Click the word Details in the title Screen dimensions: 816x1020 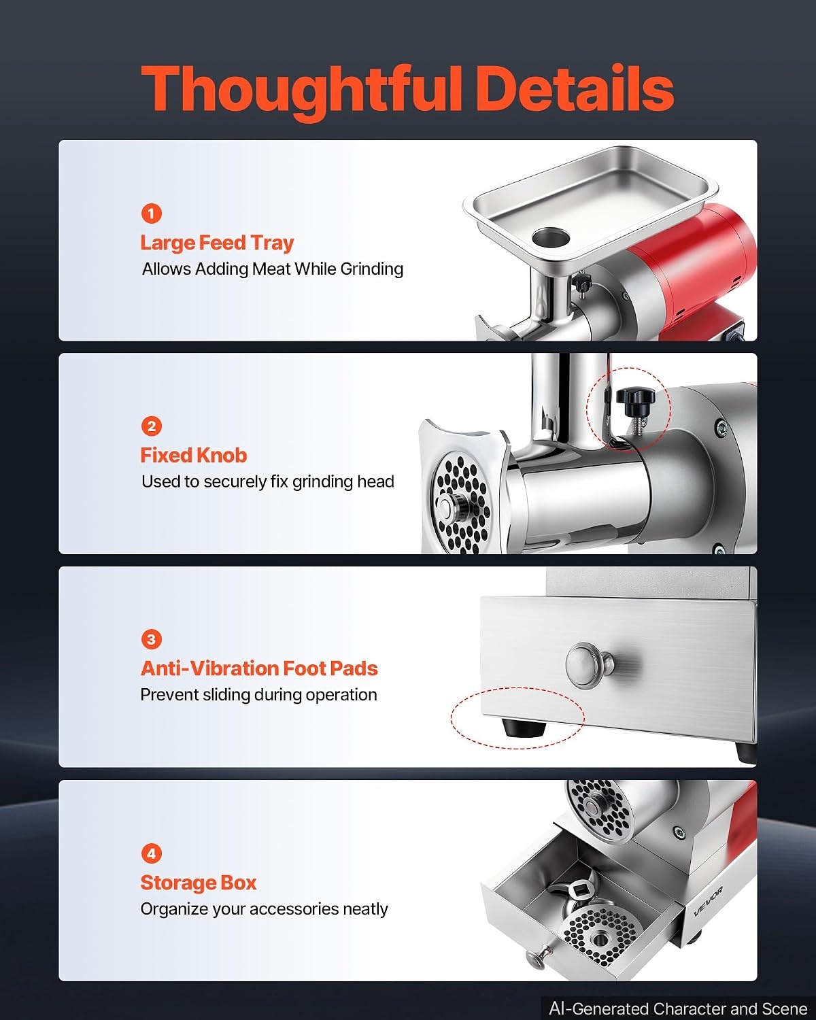pyautogui.click(x=575, y=88)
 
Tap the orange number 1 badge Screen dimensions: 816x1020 pyautogui.click(x=151, y=214)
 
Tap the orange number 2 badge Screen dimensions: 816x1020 pyautogui.click(x=151, y=426)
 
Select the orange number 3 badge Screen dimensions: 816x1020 pyautogui.click(x=151, y=639)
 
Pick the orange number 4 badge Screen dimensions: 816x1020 pyautogui.click(x=151, y=853)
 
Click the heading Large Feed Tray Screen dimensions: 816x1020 pyautogui.click(x=217, y=243)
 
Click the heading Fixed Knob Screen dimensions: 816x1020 pyautogui.click(x=193, y=456)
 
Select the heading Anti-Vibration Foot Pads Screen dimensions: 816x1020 pyautogui.click(x=259, y=669)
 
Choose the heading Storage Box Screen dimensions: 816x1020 pyautogui.click(x=198, y=883)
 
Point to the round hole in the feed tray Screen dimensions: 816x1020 pyautogui.click(x=550, y=237)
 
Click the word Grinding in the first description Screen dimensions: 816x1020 pyautogui.click(x=372, y=269)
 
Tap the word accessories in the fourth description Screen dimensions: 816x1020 pyautogui.click(x=294, y=909)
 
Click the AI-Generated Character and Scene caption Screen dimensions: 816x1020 pyautogui.click(x=678, y=1008)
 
